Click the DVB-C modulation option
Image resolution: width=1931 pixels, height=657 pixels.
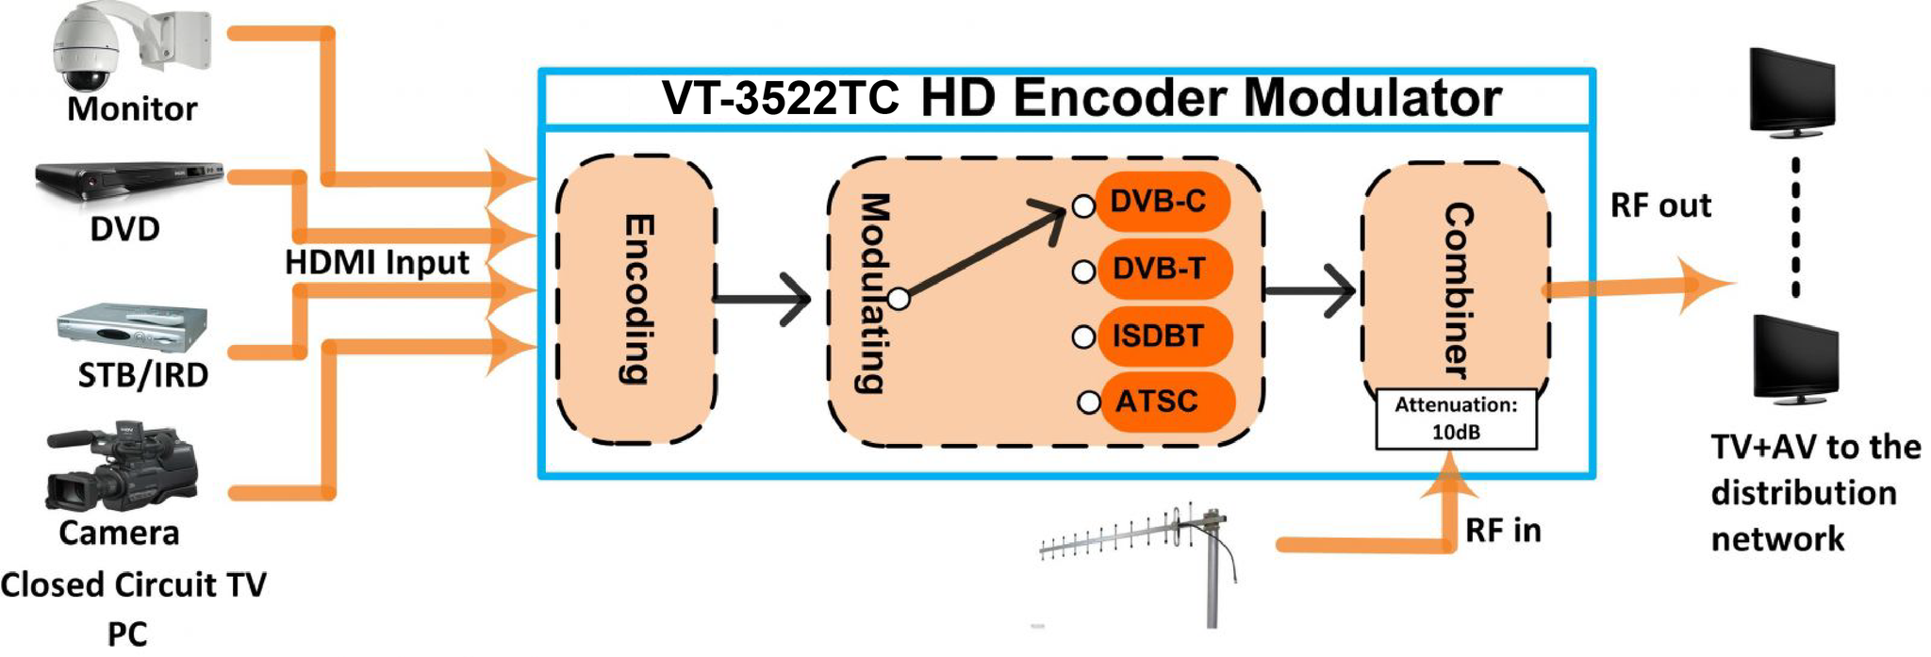[1163, 201]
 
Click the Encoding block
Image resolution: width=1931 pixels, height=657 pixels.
[636, 300]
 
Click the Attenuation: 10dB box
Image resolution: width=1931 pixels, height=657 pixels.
[1456, 419]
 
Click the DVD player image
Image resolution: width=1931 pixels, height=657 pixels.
[129, 182]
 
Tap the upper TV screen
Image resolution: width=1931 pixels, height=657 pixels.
[1791, 91]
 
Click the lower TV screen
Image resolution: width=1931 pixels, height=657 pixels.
[1794, 359]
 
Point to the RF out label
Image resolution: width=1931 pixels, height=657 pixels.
[1660, 205]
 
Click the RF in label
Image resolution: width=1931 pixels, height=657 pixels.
[1503, 531]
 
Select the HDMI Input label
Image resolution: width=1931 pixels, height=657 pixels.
[376, 262]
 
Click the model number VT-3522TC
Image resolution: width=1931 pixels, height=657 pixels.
[781, 98]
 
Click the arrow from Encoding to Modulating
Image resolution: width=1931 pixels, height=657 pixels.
[762, 300]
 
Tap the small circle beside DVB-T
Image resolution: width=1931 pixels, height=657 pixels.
[1083, 272]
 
